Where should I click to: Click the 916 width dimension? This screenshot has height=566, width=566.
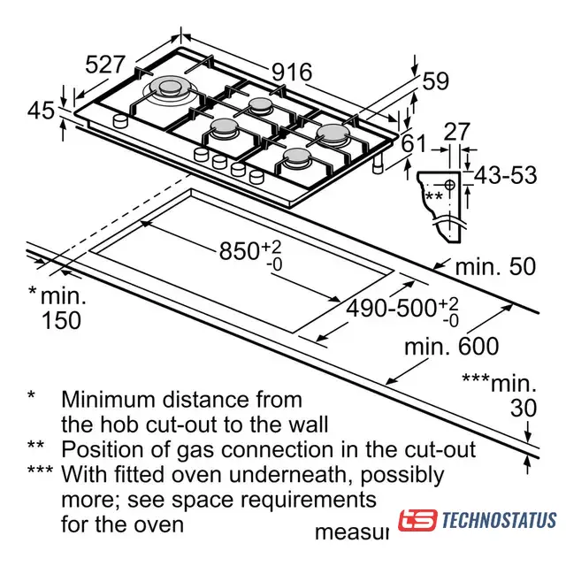(292, 73)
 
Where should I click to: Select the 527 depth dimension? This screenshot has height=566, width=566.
(105, 65)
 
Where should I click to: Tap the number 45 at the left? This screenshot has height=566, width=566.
(41, 111)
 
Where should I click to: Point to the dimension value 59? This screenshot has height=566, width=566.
(436, 80)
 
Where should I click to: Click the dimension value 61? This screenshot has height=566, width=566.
(415, 143)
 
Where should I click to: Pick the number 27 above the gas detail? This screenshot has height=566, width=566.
(457, 132)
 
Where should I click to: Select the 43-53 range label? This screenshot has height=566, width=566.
(505, 175)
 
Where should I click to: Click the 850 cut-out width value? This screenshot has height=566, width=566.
(239, 251)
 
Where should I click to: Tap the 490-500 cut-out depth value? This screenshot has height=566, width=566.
(391, 309)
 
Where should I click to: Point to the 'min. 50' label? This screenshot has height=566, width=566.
(495, 267)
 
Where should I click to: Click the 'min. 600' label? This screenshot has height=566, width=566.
(452, 346)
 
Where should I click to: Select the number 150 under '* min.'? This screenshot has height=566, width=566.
(61, 320)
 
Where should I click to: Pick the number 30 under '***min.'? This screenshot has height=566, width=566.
(524, 409)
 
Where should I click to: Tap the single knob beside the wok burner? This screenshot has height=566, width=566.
(120, 121)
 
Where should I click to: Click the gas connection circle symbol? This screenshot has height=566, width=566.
(449, 185)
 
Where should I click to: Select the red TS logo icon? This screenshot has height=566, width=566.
(417, 520)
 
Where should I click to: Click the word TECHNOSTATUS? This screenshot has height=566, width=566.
(499, 520)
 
